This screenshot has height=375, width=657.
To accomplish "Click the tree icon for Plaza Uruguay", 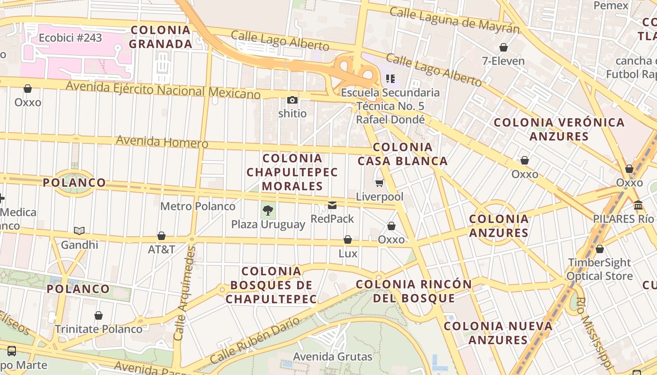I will [x=268, y=210].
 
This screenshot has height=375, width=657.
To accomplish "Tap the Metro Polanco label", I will [x=198, y=206].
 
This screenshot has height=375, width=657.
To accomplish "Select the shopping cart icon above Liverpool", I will [x=379, y=183].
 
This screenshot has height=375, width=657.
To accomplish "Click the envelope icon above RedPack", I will [x=332, y=205].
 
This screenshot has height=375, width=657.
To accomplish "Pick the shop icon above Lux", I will [x=348, y=240].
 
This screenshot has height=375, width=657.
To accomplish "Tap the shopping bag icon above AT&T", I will [x=161, y=236].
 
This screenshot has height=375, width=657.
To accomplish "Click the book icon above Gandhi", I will [x=79, y=231].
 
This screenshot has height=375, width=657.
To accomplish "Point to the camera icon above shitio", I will [x=292, y=100].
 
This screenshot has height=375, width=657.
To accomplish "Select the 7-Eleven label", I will [x=503, y=60].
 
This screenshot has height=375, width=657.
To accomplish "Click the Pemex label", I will [x=611, y=6].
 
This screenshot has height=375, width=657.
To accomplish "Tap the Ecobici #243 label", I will [x=70, y=38].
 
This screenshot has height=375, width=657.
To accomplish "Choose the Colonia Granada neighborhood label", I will [x=160, y=37].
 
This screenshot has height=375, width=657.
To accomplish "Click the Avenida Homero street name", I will [x=162, y=141].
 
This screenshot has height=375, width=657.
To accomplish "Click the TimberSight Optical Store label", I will [x=599, y=269].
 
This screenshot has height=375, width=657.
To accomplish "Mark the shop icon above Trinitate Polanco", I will [x=99, y=316].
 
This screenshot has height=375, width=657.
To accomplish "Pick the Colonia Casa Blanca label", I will [x=403, y=154].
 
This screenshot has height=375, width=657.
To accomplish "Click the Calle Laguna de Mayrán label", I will [x=455, y=20].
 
